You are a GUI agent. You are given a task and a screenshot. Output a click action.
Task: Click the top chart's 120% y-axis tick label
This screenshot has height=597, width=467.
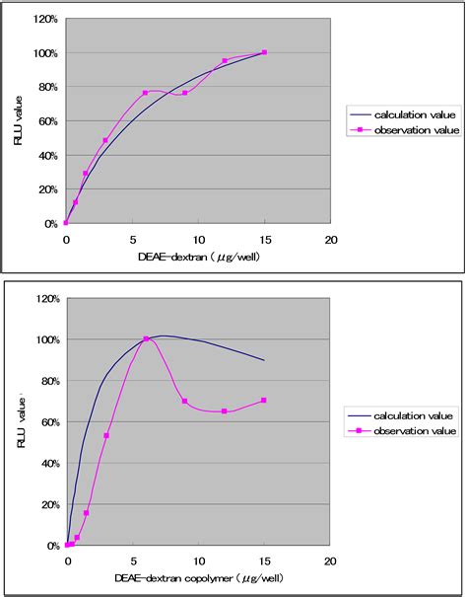click(42, 19)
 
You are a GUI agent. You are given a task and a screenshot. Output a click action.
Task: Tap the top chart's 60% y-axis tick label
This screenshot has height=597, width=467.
click(45, 121)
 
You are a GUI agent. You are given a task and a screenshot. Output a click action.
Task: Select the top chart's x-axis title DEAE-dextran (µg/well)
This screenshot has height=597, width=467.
click(197, 257)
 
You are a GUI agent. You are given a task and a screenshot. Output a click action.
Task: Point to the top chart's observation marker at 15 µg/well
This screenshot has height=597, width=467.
click(264, 52)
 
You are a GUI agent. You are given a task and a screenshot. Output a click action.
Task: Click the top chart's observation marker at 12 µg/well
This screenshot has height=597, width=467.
click(225, 61)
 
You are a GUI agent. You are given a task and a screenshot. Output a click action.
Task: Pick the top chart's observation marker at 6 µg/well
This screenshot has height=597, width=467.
click(145, 93)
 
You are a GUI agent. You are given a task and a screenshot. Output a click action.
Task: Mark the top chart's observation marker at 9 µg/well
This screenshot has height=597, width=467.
click(184, 93)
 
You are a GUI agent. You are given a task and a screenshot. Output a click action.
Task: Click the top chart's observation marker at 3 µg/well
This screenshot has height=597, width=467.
click(105, 140)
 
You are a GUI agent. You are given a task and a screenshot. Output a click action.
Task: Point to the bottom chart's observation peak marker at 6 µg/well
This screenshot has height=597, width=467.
click(146, 338)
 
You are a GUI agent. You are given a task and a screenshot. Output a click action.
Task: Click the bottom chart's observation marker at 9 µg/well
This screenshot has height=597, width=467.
click(185, 401)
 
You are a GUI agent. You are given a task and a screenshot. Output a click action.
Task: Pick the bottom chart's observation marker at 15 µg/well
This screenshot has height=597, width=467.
click(264, 401)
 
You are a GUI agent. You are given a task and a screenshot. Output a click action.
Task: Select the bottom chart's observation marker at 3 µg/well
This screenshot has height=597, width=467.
click(106, 435)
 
